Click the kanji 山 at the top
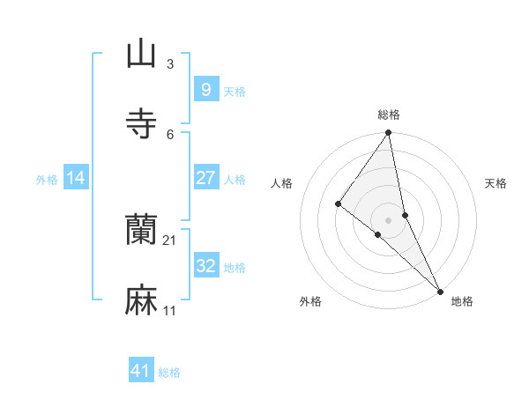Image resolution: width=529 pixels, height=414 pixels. click(x=141, y=54)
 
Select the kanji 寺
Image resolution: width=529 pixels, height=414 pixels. click(x=141, y=123)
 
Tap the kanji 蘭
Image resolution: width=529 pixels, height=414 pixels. click(x=141, y=230)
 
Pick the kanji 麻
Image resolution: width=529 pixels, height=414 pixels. click(x=141, y=300)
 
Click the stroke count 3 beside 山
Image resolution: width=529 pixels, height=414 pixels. click(x=170, y=63)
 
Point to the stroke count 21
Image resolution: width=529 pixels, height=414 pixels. click(x=170, y=240)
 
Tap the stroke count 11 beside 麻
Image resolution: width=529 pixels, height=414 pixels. click(x=170, y=310)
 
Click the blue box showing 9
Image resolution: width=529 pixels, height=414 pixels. click(x=205, y=90)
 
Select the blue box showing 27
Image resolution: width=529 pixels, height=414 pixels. click(x=205, y=178)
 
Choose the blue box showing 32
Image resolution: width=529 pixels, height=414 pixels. click(x=205, y=266)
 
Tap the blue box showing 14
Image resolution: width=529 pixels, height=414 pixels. click(x=76, y=178)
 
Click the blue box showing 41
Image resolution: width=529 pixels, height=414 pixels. click(x=141, y=371)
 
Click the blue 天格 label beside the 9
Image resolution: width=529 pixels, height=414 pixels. click(x=235, y=92)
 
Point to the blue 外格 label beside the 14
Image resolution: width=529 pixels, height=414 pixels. click(x=47, y=180)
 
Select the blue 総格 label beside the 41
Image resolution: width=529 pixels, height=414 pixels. click(x=169, y=373)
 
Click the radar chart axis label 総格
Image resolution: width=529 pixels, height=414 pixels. click(x=389, y=115)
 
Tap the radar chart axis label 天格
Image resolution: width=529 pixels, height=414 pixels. click(x=495, y=183)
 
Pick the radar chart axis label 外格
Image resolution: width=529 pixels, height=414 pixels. click(x=310, y=301)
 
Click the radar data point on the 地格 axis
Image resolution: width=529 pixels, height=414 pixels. click(x=440, y=290)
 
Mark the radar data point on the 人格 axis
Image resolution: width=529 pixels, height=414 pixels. click(x=338, y=203)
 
